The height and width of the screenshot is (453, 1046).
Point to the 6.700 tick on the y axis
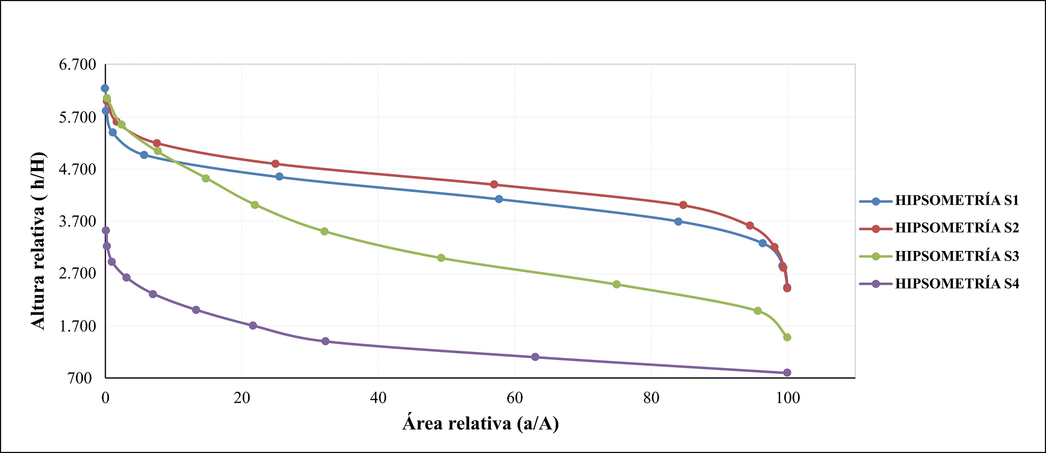coord(78,65)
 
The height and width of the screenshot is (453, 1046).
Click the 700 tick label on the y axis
coord(80,378)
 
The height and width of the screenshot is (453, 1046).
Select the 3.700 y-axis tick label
coord(78,222)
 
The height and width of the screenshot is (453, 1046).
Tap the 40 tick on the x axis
coord(378,398)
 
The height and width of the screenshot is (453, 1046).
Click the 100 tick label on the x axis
coord(788,398)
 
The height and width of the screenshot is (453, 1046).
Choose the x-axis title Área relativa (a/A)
coord(481,423)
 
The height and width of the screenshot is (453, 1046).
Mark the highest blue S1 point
coord(105,88)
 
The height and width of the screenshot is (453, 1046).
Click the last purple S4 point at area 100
coord(787,373)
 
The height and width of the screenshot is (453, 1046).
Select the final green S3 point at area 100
coord(787,337)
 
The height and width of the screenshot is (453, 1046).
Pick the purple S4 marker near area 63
coord(535,357)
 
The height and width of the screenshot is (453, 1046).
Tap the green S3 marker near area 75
coord(617,285)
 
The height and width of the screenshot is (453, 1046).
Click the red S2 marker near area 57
coord(494,185)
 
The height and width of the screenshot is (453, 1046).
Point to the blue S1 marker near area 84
coord(678,222)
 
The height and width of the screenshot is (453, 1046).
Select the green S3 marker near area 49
coord(441,258)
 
